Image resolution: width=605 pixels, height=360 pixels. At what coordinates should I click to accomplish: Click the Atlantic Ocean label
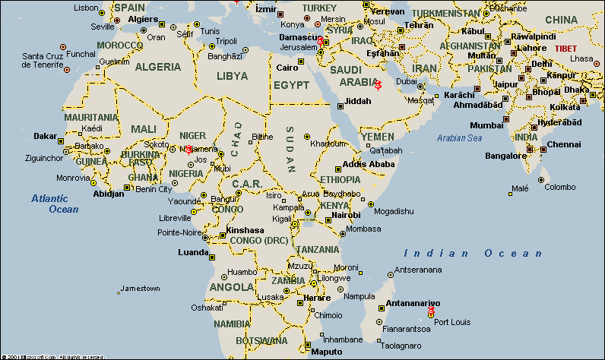54,204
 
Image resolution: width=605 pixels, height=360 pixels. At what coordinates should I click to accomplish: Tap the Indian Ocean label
474,254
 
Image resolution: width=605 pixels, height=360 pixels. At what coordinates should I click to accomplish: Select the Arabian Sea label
459,138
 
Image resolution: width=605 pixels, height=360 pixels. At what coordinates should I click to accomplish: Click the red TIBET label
565,48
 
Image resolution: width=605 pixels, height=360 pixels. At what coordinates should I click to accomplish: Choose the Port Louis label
452,322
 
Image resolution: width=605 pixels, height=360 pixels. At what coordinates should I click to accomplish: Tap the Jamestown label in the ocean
140,289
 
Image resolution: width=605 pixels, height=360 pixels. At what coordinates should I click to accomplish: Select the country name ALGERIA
158,67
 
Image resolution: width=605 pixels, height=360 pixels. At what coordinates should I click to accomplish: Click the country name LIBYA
232,77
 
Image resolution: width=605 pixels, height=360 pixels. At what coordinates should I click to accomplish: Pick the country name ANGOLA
232,287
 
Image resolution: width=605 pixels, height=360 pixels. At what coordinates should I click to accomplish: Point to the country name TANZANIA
318,249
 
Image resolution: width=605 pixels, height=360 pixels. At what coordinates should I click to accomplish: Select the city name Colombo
560,187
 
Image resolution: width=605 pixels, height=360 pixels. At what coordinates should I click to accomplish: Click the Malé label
521,188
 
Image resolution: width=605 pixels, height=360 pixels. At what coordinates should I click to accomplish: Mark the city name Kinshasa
245,230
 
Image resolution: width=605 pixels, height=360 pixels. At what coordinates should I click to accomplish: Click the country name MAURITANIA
91,118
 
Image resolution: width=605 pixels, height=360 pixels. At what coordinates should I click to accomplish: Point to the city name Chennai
563,144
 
